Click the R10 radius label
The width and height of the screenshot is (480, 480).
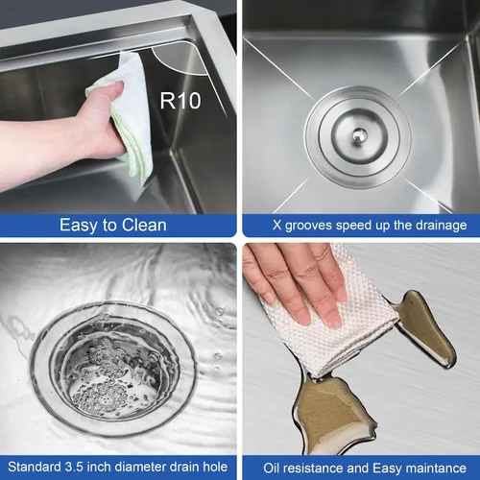pyautogui.click(x=180, y=101)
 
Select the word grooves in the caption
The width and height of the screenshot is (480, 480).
pyautogui.click(x=308, y=226)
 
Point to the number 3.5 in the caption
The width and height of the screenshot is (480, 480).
pyautogui.click(x=74, y=467)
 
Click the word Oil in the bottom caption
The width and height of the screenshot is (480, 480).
pyautogui.click(x=272, y=468)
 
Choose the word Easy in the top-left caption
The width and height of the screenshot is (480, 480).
pyautogui.click(x=79, y=226)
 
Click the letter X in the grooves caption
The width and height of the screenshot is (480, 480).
pyautogui.click(x=277, y=226)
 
